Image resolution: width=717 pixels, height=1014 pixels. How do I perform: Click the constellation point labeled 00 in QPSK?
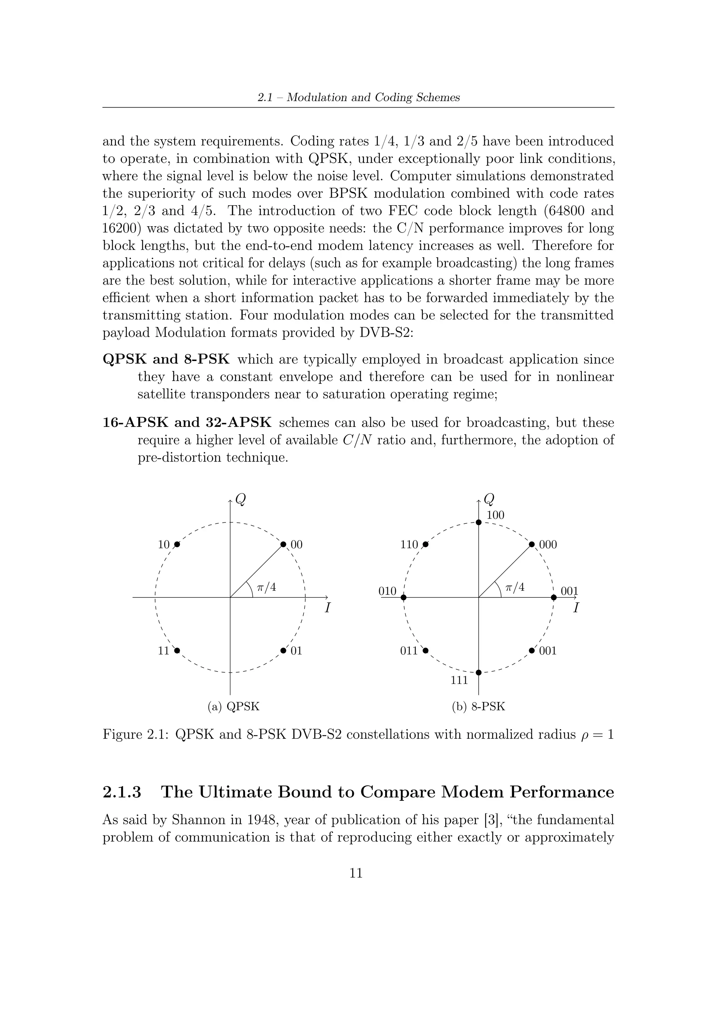pos(284,544)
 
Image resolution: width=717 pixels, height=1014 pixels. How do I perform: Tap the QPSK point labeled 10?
pos(177,544)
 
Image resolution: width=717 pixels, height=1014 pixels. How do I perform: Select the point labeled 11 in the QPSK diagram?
pos(177,651)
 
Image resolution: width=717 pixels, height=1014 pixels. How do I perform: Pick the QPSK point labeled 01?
pos(284,651)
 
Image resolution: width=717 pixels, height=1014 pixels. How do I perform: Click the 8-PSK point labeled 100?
pos(479,522)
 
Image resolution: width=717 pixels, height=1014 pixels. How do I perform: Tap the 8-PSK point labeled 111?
pos(479,673)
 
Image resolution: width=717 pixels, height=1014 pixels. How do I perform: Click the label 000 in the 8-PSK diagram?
pos(548,544)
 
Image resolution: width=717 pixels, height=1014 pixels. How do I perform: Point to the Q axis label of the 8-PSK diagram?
pos(489,500)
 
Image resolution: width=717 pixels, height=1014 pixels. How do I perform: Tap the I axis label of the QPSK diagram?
pos(327,609)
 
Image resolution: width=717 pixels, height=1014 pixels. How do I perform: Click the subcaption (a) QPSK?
pos(234,707)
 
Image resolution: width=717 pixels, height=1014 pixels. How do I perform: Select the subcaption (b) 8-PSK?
pos(478,707)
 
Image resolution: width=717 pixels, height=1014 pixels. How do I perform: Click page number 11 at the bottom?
pos(356,873)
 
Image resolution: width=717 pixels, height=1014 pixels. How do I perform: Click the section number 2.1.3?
pos(122,792)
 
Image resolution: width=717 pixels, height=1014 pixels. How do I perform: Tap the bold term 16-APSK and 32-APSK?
pos(187,423)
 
